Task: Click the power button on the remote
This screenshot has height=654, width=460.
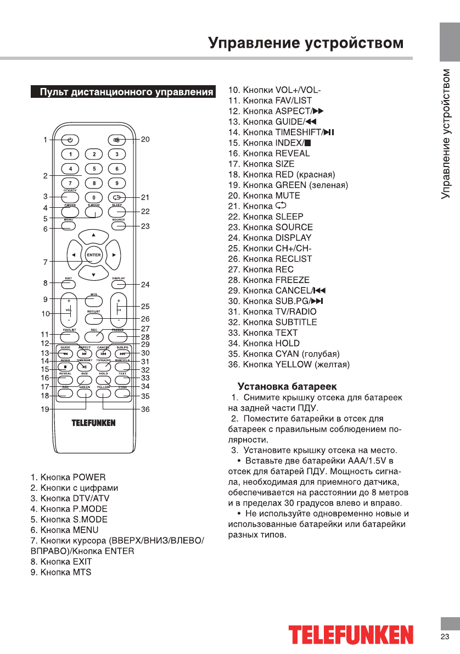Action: coord(70,140)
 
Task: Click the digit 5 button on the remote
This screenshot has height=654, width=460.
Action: coord(94,169)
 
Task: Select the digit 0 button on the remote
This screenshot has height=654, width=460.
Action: coord(94,197)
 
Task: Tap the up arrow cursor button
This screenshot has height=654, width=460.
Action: coord(93,236)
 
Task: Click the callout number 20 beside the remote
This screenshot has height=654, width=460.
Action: coord(145,140)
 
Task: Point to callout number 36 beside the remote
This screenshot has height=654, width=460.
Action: coord(145,409)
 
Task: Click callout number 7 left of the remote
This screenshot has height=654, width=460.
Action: coord(45,262)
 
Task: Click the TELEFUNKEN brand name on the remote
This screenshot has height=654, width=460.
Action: coord(93,423)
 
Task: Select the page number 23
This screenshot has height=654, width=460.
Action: coord(445,637)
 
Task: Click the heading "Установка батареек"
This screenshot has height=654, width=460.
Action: coord(287,387)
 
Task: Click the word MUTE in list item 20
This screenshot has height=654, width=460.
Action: coord(288,195)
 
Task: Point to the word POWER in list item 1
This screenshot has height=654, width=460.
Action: coord(89,477)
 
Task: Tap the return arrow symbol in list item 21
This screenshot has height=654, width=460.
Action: coord(281,206)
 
